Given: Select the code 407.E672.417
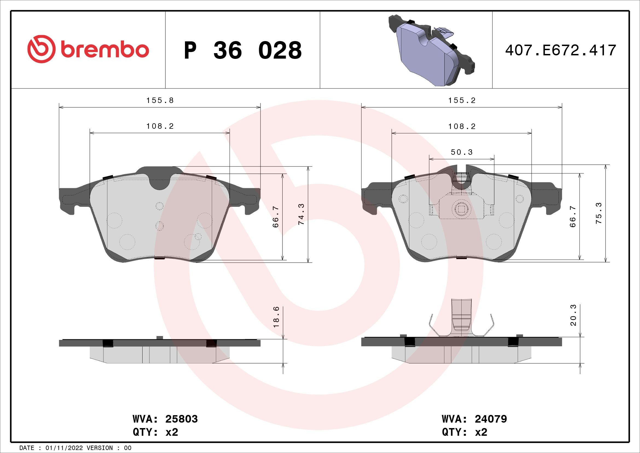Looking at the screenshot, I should point(561,50).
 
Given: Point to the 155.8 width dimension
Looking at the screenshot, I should point(160,101).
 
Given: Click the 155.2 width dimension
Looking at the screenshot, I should point(462,101).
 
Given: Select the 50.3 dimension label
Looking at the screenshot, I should point(462,152).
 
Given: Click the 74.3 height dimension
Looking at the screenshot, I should point(301,214).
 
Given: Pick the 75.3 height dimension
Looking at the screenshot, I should point(599,213).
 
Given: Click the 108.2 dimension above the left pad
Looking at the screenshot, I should point(160,126).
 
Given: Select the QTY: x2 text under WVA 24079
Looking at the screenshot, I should point(464,432).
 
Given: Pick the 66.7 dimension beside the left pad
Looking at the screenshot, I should point(276,217).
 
